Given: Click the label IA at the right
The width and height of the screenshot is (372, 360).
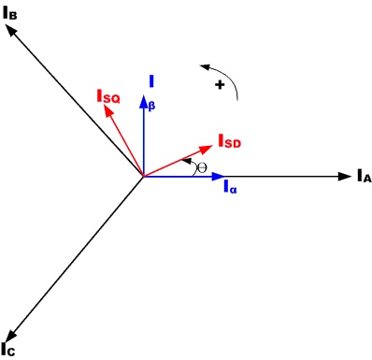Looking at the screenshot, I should (x=364, y=176).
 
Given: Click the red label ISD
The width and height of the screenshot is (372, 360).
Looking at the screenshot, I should (x=230, y=142).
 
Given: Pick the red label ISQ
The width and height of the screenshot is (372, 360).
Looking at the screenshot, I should (x=108, y=95).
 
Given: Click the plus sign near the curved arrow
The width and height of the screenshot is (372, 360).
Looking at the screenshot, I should (x=221, y=85).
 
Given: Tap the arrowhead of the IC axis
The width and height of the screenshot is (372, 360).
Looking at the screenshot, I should (x=9, y=332).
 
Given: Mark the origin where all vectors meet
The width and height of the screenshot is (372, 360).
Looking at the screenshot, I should (x=142, y=176).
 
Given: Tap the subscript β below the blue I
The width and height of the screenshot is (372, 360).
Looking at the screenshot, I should (x=152, y=105).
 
